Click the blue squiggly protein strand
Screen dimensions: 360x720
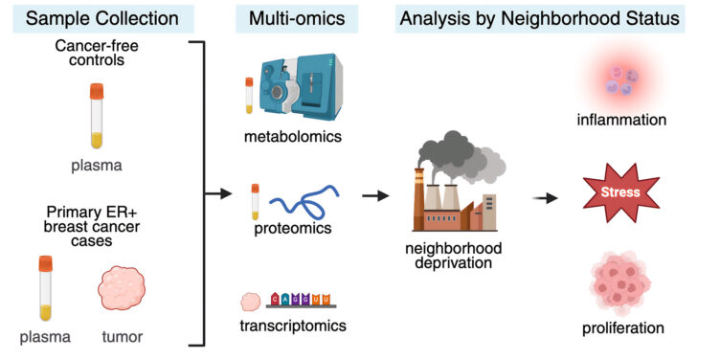[x=299, y=204]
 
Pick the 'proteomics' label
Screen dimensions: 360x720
[x=291, y=230]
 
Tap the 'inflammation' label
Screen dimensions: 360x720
[x=620, y=120]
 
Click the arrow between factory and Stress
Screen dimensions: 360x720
[x=547, y=197]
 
